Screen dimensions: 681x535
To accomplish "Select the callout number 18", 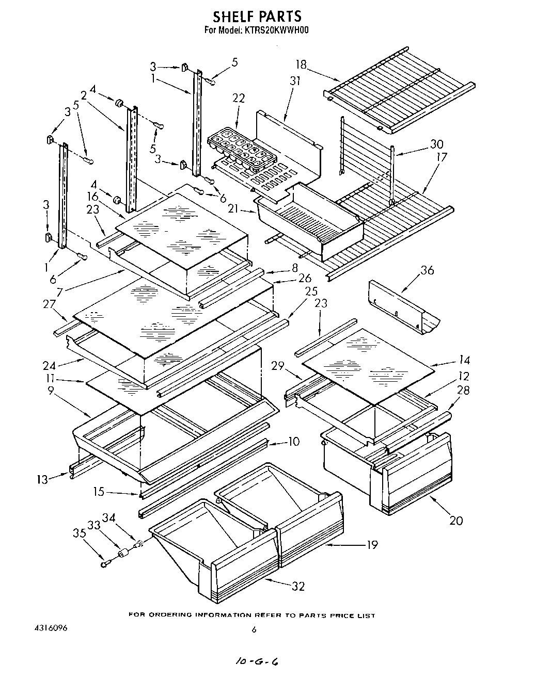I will pos(301,64).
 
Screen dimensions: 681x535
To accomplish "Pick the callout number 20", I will pos(456,520).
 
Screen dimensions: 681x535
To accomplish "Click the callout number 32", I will pos(298,586).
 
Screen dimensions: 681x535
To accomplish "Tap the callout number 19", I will pos(371,544).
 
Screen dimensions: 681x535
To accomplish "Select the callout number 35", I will pos(79,534).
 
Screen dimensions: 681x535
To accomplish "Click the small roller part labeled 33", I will pos(123,555).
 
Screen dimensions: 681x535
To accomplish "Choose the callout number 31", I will pos(295,81).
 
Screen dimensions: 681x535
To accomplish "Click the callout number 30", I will pos(436,144).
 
